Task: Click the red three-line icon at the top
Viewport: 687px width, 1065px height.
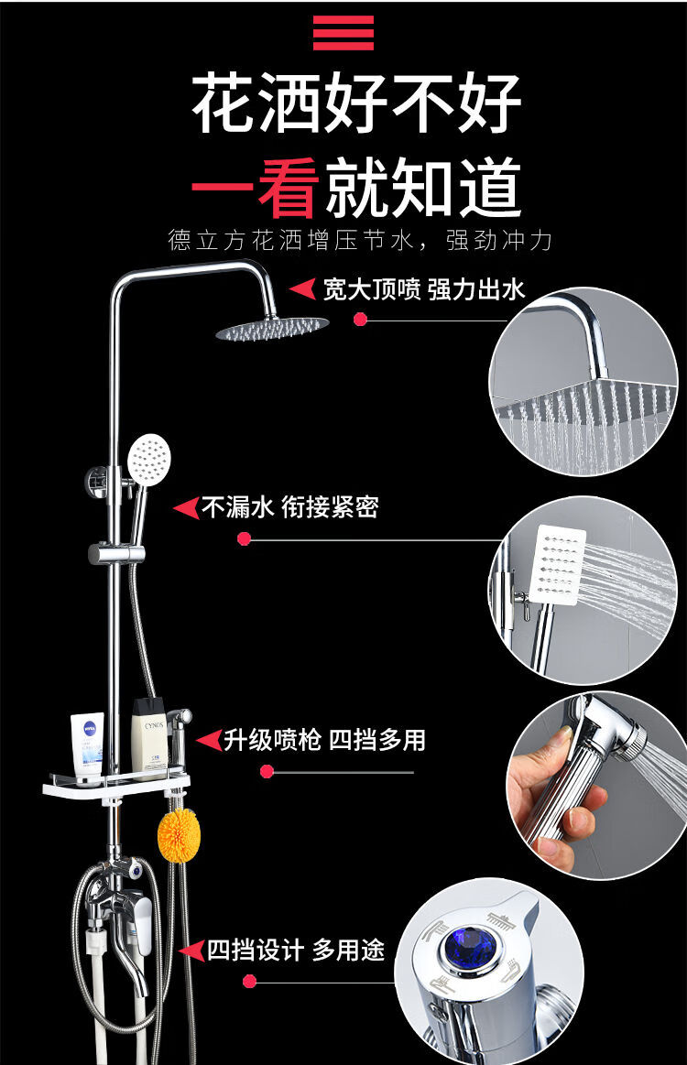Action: [x=343, y=33]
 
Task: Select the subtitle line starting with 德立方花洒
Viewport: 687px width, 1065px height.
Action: [x=361, y=241]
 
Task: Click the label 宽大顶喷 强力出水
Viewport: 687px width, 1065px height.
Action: [x=423, y=289]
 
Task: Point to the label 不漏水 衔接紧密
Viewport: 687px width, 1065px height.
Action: [x=289, y=507]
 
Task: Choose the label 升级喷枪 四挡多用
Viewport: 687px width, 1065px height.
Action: [x=325, y=740]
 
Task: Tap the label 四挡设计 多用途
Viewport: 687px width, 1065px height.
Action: [x=296, y=950]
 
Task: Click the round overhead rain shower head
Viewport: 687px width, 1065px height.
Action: [x=271, y=329]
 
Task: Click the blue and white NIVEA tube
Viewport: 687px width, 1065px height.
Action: [x=88, y=748]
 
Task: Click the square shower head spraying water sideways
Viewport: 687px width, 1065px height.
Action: [x=558, y=564]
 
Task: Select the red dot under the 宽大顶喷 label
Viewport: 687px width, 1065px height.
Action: [x=360, y=320]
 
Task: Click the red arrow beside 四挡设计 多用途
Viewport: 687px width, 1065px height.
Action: [x=191, y=951]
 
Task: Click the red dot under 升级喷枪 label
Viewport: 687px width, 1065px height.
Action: [x=267, y=772]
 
